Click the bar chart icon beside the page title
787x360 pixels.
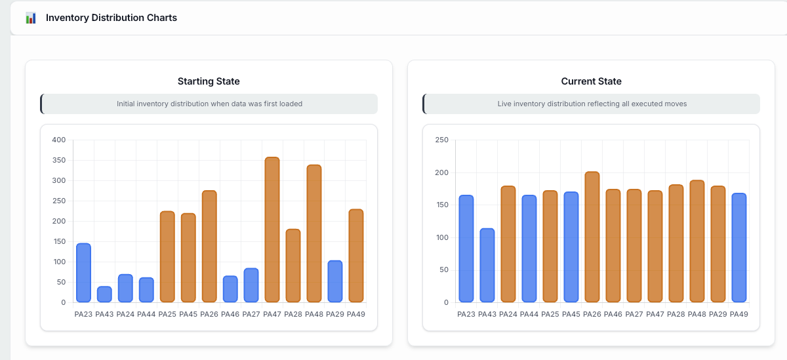coord(31,18)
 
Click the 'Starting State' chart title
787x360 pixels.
coord(209,81)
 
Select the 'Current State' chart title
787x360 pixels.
coord(591,81)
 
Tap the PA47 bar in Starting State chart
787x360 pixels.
coord(272,230)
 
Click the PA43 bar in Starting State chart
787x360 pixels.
coord(104,294)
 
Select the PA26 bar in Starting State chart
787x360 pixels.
coord(209,246)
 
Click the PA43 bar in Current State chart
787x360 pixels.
coord(487,266)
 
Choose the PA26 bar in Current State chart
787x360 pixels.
coord(592,237)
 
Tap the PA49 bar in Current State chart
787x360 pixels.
coord(738,248)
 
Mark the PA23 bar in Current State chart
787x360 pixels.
coord(466,249)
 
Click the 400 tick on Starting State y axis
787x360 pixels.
coord(59,140)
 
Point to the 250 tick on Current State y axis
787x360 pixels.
coord(441,140)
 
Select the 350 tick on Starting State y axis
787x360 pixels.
coord(59,160)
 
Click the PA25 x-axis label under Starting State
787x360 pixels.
coord(167,314)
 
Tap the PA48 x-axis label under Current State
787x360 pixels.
coord(696,314)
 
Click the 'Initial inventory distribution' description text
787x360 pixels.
coord(209,104)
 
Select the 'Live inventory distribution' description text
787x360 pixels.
coord(592,104)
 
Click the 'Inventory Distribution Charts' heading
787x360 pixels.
coord(111,18)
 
